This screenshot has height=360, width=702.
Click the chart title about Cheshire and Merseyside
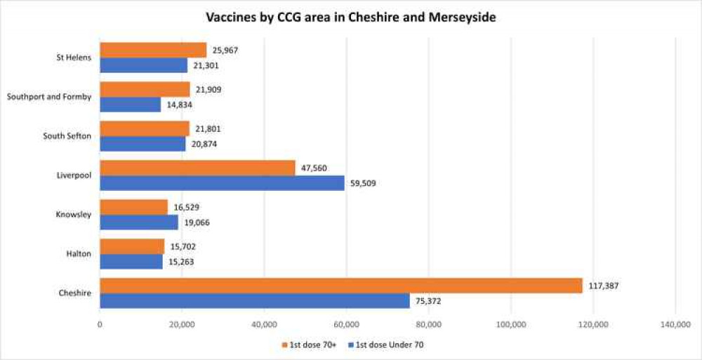pyautogui.click(x=350, y=18)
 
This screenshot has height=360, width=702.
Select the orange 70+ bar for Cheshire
pyautogui.click(x=340, y=286)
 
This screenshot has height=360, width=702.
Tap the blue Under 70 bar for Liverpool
pyautogui.click(x=222, y=183)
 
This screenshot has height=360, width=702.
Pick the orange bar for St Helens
pyautogui.click(x=153, y=50)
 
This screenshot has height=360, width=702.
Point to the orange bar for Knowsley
pyautogui.click(x=133, y=207)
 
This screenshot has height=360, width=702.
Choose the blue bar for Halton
pyautogui.click(x=131, y=262)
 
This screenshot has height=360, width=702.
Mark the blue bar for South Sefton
pyautogui.click(x=143, y=144)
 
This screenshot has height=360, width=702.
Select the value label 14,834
pyautogui.click(x=177, y=105)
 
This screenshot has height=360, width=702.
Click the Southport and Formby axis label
pyautogui.click(x=48, y=96)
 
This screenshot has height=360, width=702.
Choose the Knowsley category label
pyautogui.click(x=73, y=214)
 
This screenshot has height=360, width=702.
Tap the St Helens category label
pyautogui.click(x=74, y=57)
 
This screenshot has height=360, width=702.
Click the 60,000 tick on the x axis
pyautogui.click(x=346, y=324)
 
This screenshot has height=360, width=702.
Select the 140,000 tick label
pyautogui.click(x=675, y=324)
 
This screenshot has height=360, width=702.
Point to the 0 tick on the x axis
pyautogui.click(x=100, y=324)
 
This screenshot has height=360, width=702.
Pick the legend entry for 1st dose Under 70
pyautogui.click(x=387, y=345)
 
